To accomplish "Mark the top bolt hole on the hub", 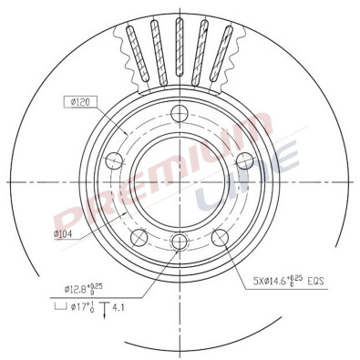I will (179, 113).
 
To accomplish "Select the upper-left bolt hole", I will (114, 161).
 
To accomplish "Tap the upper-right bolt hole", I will (243, 160).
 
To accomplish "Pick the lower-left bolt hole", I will (139, 238).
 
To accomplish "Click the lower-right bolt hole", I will (219, 238).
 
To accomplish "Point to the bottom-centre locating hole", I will (179, 242).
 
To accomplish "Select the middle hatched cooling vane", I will (179, 50).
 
